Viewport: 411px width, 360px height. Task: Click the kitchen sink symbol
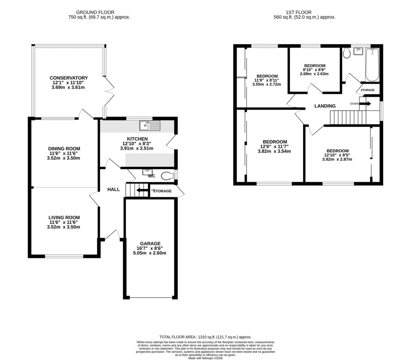point(150,125)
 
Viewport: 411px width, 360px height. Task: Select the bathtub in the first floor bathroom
point(372,65)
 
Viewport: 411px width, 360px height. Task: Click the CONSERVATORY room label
point(69,78)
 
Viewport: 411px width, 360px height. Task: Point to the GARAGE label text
point(151,243)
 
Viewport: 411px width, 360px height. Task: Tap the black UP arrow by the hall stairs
point(141,191)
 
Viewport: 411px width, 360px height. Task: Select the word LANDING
point(325,106)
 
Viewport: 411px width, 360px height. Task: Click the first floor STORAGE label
point(367,90)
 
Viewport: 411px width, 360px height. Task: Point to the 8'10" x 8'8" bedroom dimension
point(315,70)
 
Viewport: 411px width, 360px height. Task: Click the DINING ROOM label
point(65,148)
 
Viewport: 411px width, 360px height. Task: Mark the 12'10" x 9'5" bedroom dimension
point(337,155)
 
